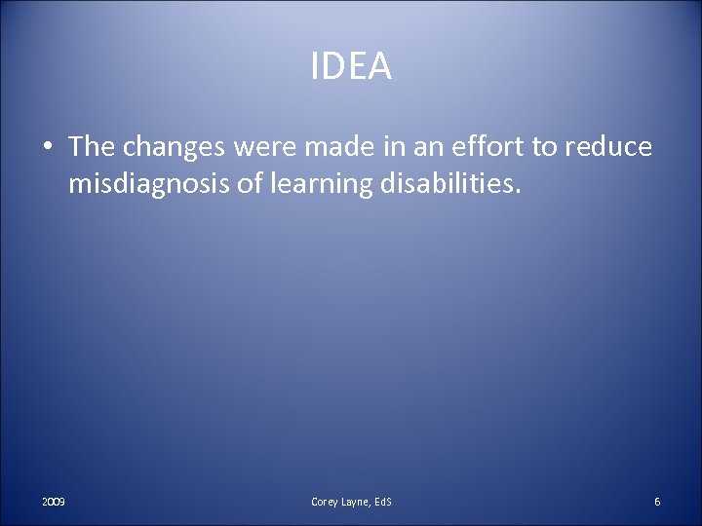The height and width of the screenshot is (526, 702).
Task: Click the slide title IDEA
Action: tap(351, 67)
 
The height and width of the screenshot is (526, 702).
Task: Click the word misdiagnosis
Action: tap(142, 185)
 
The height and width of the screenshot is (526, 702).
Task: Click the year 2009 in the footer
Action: tap(54, 502)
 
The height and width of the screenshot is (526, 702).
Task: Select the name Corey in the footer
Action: tap(325, 502)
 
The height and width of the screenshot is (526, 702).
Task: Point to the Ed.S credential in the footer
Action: tap(383, 502)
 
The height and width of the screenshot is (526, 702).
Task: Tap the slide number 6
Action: tap(658, 502)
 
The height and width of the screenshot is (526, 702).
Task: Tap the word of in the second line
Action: tap(241, 185)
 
